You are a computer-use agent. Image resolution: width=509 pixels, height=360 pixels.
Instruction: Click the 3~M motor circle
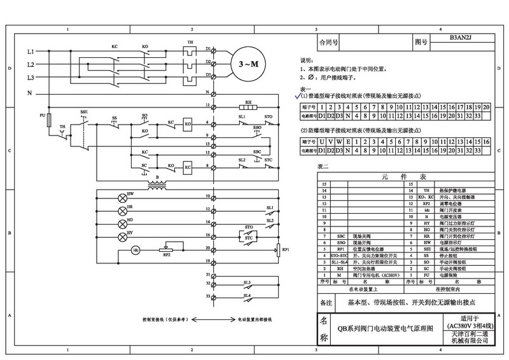[x=245, y=64]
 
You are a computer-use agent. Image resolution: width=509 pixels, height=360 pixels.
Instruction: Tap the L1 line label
[x=30, y=51]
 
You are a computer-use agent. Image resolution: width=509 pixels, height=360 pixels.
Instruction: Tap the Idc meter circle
[x=135, y=251]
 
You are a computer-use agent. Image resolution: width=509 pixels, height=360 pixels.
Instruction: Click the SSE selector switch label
[x=84, y=112]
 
